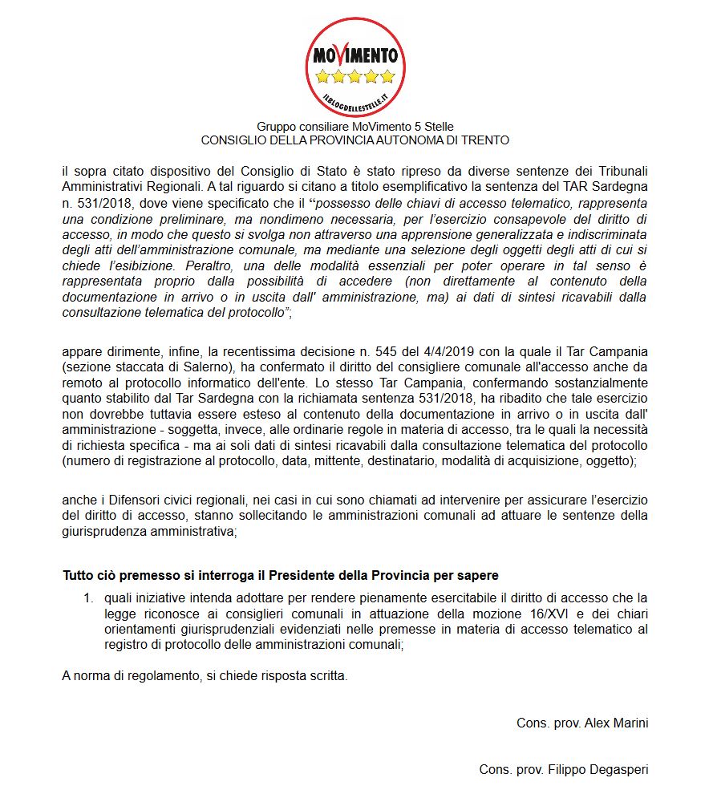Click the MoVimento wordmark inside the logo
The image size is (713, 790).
click(355, 56)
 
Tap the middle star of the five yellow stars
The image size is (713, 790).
click(355, 77)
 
